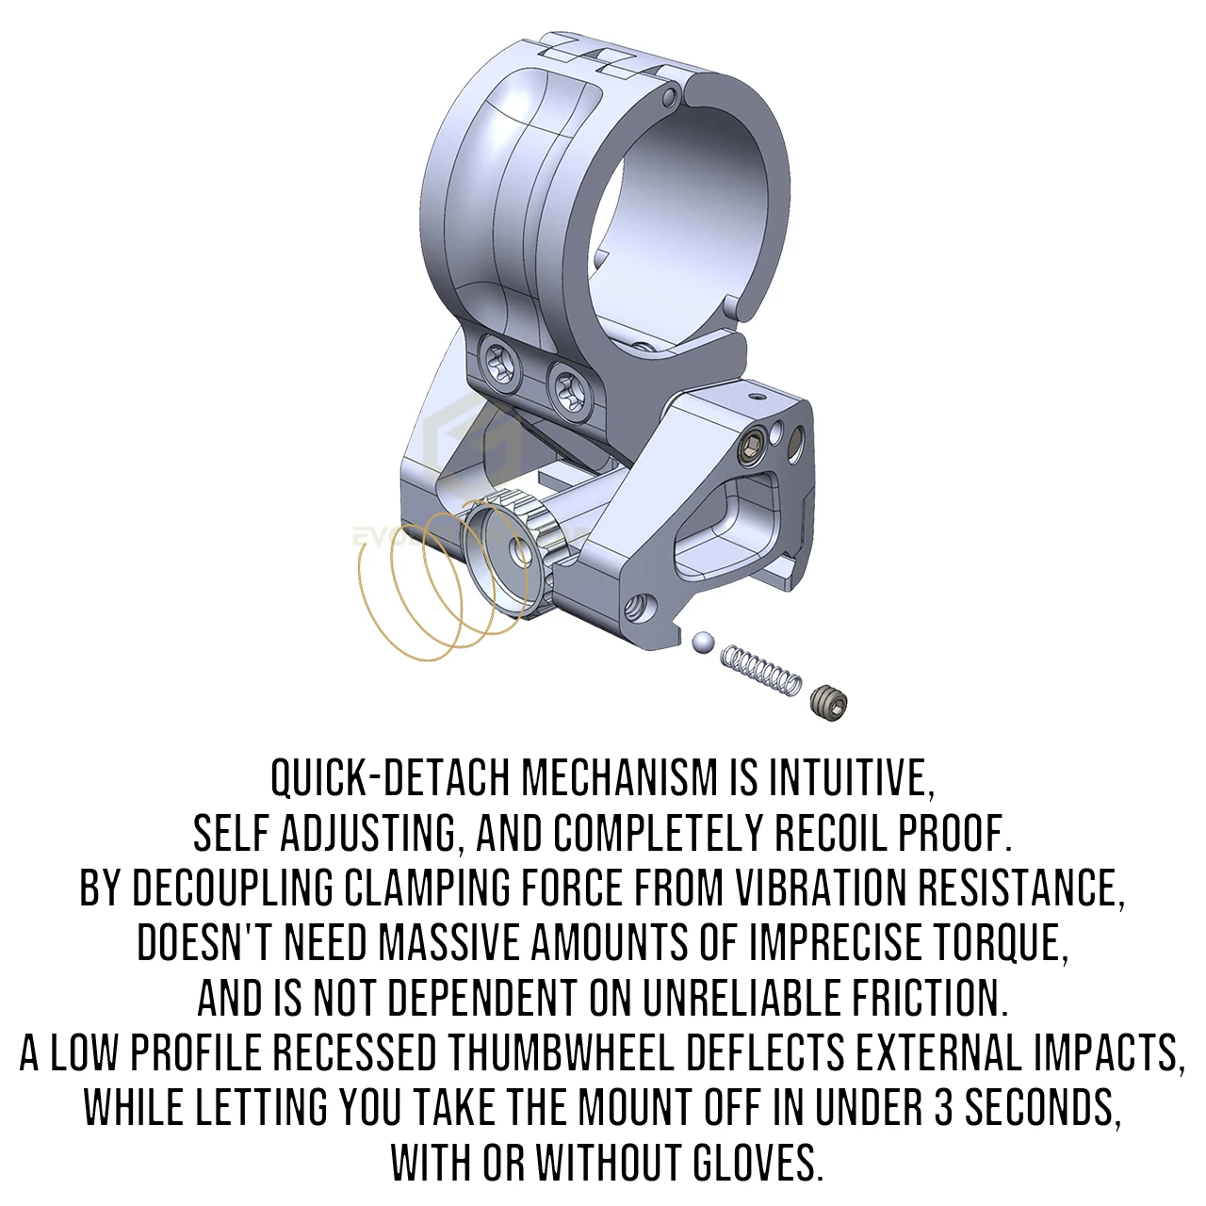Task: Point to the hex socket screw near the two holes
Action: click(750, 448)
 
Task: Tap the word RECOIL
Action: click(829, 834)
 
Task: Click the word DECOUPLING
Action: click(233, 888)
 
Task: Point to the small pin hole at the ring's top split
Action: click(670, 97)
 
